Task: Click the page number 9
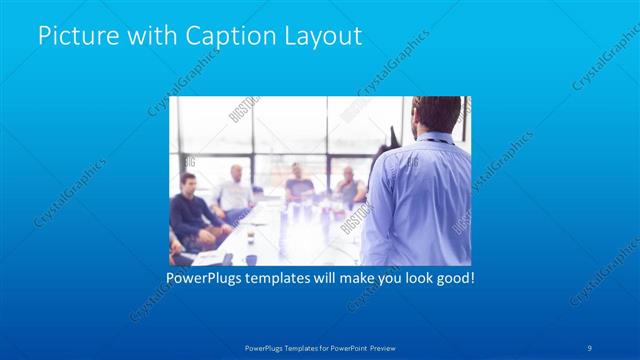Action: coord(590,347)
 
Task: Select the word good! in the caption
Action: coord(452,276)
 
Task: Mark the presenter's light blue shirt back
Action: coord(420,200)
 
